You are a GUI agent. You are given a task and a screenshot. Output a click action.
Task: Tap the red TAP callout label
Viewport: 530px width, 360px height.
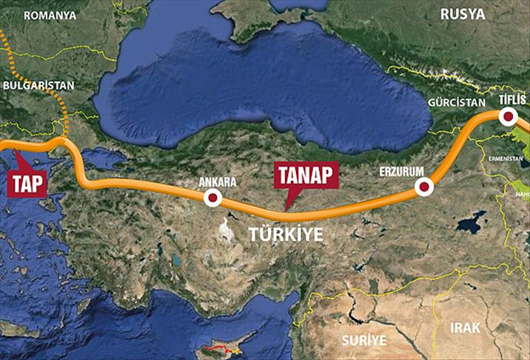(x=27, y=183)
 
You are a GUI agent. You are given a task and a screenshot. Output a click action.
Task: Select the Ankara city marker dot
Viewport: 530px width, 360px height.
(x=213, y=197)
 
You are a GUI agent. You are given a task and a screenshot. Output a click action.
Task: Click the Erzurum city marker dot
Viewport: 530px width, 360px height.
(x=423, y=187)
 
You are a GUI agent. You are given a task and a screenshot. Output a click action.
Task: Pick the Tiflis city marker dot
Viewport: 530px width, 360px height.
(x=509, y=116)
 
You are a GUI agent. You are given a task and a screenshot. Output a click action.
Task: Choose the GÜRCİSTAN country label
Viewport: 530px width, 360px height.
(x=457, y=103)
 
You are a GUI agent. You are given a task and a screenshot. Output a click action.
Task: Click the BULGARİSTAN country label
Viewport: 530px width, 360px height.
(x=38, y=85)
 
